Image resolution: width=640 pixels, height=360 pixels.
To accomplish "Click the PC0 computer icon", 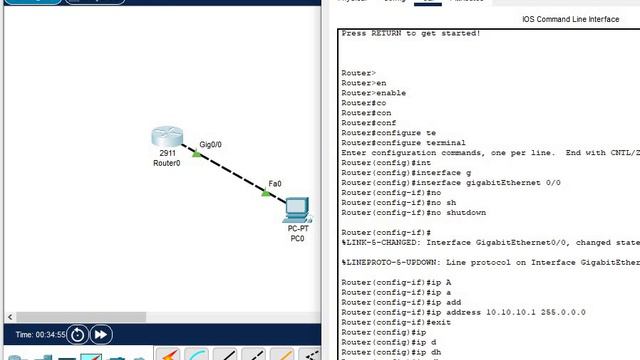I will [297, 209].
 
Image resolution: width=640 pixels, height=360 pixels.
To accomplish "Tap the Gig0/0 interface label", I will [210, 145].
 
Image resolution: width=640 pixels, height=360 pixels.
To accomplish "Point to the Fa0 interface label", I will [275, 184].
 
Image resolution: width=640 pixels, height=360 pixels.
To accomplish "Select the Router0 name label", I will [167, 162].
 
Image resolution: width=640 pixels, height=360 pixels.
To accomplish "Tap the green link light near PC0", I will [266, 193].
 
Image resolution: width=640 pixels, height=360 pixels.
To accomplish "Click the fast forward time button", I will [102, 334].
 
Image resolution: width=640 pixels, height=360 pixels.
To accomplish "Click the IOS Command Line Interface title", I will [570, 19].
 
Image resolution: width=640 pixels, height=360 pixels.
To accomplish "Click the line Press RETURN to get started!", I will [410, 33].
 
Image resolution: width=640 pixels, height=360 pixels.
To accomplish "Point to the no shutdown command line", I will [413, 212].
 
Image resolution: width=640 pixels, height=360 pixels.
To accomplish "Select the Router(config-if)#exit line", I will [391, 322].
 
